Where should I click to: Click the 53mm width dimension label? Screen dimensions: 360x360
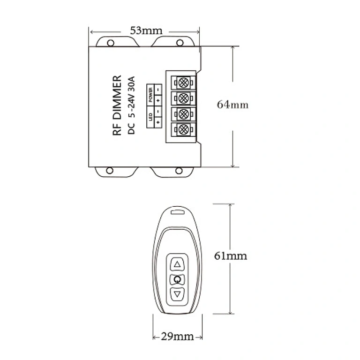[146, 31]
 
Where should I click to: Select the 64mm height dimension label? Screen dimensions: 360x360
[232, 105]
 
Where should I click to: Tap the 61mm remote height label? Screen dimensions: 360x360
[230, 256]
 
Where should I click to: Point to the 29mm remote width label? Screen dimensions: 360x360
[178, 336]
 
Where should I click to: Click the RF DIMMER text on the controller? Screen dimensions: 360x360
[118, 106]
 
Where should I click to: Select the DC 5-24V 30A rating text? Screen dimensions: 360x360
[132, 106]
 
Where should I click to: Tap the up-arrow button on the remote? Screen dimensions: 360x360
[177, 264]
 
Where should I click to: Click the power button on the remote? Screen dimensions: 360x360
[177, 280]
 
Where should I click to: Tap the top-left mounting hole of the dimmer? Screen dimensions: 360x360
[111, 43]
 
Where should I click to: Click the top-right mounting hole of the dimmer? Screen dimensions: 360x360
[180, 43]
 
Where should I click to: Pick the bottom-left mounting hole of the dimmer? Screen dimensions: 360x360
[111, 170]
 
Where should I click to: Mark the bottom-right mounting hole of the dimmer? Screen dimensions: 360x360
[180, 170]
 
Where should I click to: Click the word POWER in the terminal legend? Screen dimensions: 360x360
[151, 95]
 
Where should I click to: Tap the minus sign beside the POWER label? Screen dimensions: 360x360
[158, 89]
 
